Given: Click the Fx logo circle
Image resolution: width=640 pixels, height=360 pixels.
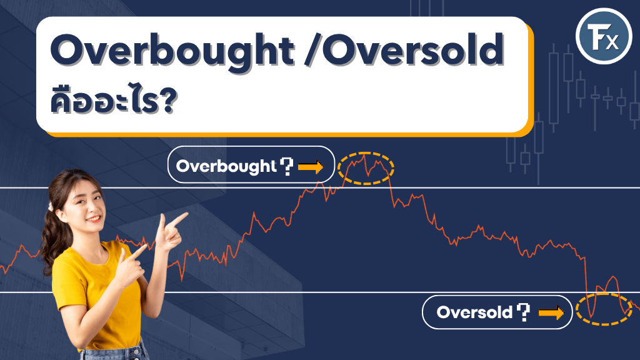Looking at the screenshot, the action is [x=604, y=36].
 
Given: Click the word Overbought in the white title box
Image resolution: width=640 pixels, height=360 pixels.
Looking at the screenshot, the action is [x=172, y=51].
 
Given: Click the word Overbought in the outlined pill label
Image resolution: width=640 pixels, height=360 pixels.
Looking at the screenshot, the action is [x=226, y=166].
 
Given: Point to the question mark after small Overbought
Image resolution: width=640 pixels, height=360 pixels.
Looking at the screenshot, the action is [x=287, y=166].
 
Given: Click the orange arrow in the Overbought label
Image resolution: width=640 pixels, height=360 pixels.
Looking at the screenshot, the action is [x=311, y=166].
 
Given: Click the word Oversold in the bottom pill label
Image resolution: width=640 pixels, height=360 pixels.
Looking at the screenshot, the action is [x=474, y=312].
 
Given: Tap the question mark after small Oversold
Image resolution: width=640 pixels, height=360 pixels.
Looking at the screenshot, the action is [x=523, y=312].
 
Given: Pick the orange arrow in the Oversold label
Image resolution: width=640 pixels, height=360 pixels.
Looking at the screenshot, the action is [x=551, y=312].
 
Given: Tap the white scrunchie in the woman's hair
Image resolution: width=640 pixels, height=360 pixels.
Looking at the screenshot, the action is [x=51, y=206].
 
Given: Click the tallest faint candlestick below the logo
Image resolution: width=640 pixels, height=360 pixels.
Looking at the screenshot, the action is [x=554, y=87].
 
